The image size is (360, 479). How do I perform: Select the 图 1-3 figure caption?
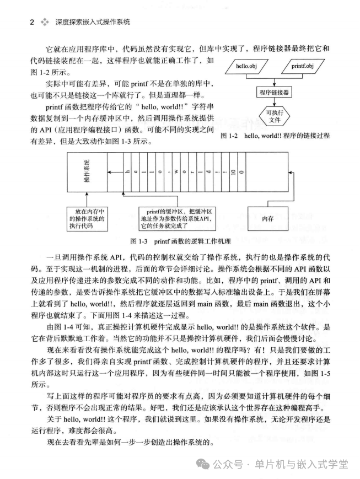tap(180, 241)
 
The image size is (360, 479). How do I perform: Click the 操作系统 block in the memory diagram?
tap(87, 173)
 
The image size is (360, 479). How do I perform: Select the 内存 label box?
tap(268, 218)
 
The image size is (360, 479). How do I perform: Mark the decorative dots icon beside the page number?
tap(45, 22)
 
